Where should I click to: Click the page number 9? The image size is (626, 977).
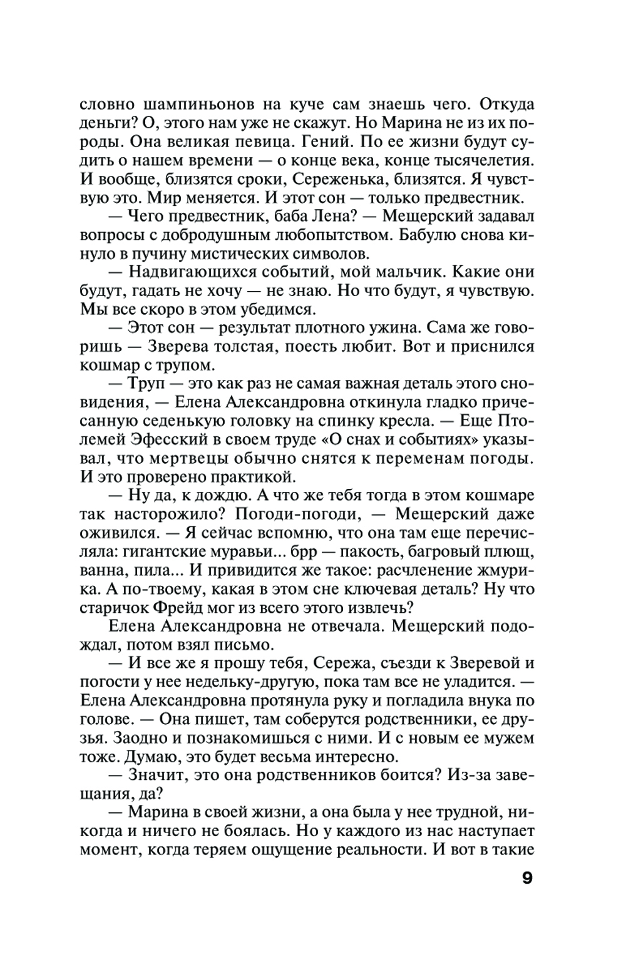click(527, 878)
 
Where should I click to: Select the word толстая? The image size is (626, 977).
click(262, 346)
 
